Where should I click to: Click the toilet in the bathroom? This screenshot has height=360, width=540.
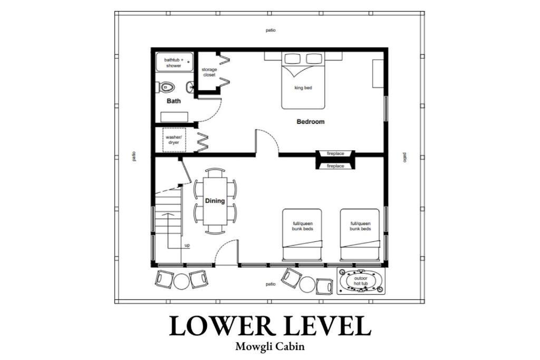point(166,87)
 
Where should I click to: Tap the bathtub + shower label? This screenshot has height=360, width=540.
point(174,63)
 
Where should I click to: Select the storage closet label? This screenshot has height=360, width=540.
point(209,72)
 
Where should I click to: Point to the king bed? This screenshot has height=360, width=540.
point(303,80)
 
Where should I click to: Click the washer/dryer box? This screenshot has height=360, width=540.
point(174,140)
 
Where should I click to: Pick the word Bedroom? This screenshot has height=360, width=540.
point(310,121)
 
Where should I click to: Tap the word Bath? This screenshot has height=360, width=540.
point(173,101)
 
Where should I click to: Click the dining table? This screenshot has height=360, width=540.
point(215,201)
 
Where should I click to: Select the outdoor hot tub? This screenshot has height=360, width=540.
point(361,281)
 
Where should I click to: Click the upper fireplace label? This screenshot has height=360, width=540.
point(335,153)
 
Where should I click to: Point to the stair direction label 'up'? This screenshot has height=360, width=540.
point(187,246)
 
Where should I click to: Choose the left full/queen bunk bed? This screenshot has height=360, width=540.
point(302,235)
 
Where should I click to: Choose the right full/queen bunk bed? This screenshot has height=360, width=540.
point(360,235)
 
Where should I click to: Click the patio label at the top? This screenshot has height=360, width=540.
point(271,30)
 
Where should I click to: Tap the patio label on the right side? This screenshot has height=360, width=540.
point(405,157)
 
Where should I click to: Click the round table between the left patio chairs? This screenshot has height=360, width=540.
point(181,281)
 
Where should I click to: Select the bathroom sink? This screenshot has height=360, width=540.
point(190,87)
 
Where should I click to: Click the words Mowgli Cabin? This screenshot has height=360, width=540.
point(270,346)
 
